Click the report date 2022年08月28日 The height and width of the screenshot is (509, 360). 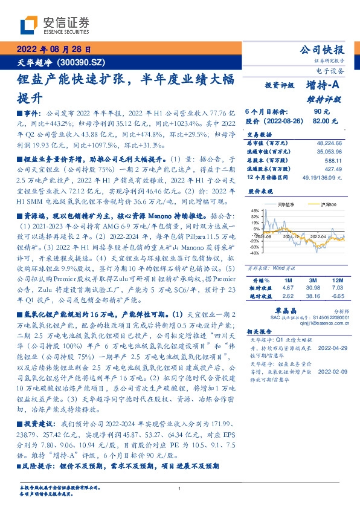point(53,50)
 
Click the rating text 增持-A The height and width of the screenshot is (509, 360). point(323,86)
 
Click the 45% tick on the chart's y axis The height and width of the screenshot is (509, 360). point(255,210)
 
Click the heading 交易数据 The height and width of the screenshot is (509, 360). point(256,134)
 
